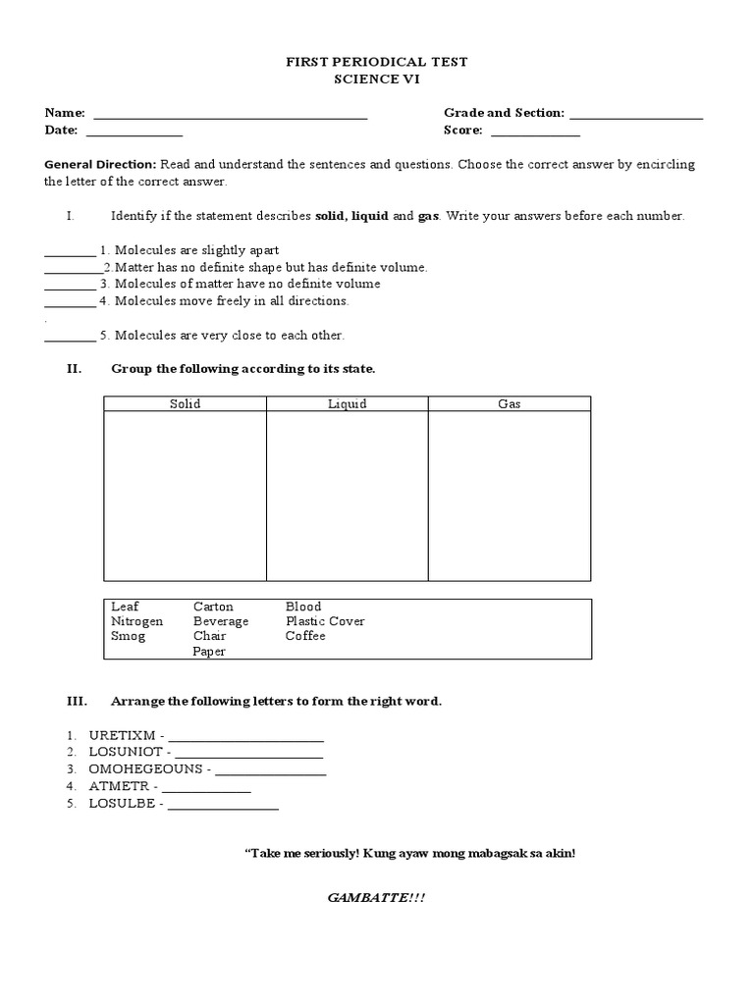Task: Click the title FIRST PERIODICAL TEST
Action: pos(377,62)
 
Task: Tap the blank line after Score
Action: pos(535,132)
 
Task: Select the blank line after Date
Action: pos(135,132)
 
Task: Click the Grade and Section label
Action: pos(504,114)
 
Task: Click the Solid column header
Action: pos(185,403)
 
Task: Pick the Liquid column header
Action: pos(347,403)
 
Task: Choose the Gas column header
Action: pos(510,403)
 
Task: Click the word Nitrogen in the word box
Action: pos(137,621)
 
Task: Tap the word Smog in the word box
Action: pos(129,636)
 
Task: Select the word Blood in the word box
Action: pos(303,607)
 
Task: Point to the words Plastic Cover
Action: pos(325,621)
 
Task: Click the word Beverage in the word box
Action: pos(221,621)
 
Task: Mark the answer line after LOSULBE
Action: pos(224,808)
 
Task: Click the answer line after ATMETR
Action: pos(206,790)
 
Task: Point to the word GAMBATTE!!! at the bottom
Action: pos(377,898)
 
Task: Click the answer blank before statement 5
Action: pos(70,339)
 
